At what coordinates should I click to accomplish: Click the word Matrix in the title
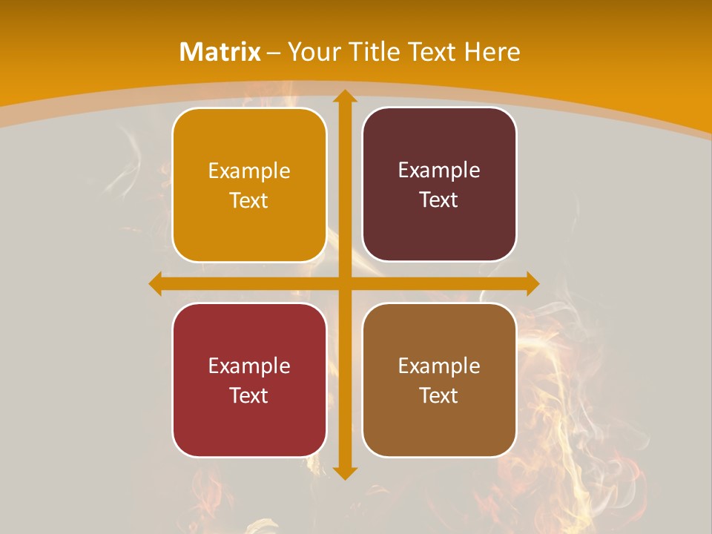point(220,52)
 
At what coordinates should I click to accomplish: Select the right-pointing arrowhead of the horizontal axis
point(532,283)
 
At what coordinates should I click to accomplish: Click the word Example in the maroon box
point(439,171)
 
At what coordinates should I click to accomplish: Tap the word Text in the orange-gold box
point(249,201)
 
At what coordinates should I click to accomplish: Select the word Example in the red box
point(249,366)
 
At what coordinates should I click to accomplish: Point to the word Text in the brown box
point(439,395)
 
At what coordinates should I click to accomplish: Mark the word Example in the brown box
point(439,366)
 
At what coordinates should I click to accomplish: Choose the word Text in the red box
point(249,395)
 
